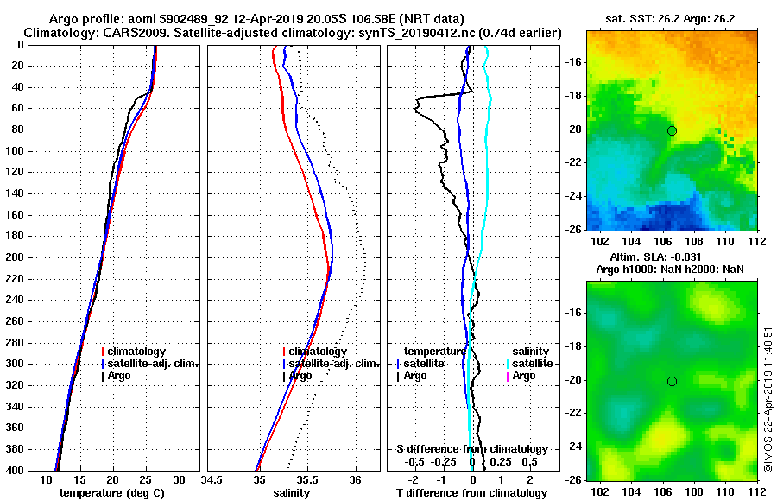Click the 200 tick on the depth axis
coord(38,257)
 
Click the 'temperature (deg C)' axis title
coord(111,492)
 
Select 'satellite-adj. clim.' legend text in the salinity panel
coord(334,364)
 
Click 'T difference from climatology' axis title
coord(471,492)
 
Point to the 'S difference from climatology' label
coord(471,449)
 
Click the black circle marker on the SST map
coord(672,130)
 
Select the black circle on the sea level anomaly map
coord(672,381)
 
